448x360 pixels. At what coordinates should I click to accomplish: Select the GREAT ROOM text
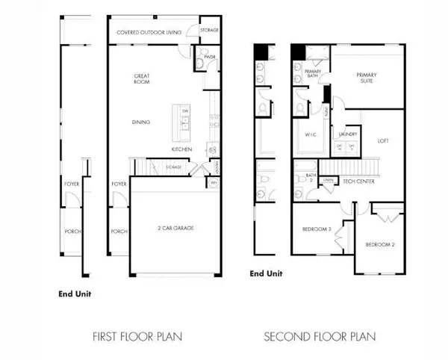pyautogui.click(x=143, y=79)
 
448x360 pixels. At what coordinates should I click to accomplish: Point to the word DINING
pyautogui.click(x=141, y=122)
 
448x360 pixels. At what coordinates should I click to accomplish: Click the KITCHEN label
pyautogui.click(x=182, y=149)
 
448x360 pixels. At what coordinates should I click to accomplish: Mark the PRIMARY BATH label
pyautogui.click(x=312, y=73)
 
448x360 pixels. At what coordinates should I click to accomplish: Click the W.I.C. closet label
pyautogui.click(x=311, y=135)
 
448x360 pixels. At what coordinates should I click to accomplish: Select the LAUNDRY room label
pyautogui.click(x=349, y=135)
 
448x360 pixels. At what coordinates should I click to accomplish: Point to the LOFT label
pyautogui.click(x=384, y=140)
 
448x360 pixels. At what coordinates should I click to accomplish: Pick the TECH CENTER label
pyautogui.click(x=358, y=180)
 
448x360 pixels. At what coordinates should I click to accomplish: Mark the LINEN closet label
pyautogui.click(x=326, y=180)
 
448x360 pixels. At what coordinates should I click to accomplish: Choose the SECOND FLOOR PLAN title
pyautogui.click(x=319, y=335)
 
